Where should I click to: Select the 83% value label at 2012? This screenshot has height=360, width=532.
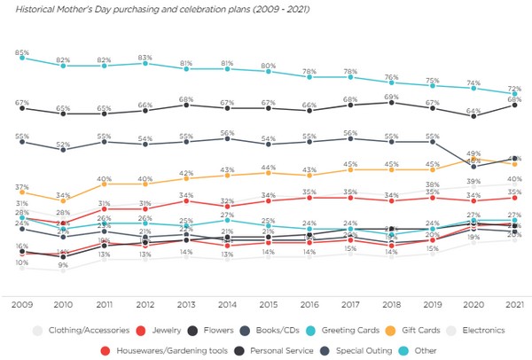pos(145,57)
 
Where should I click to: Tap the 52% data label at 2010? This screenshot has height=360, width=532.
pos(63,145)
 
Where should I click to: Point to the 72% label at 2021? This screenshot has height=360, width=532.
pos(513,89)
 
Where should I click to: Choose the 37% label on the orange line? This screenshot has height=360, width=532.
pos(21,186)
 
